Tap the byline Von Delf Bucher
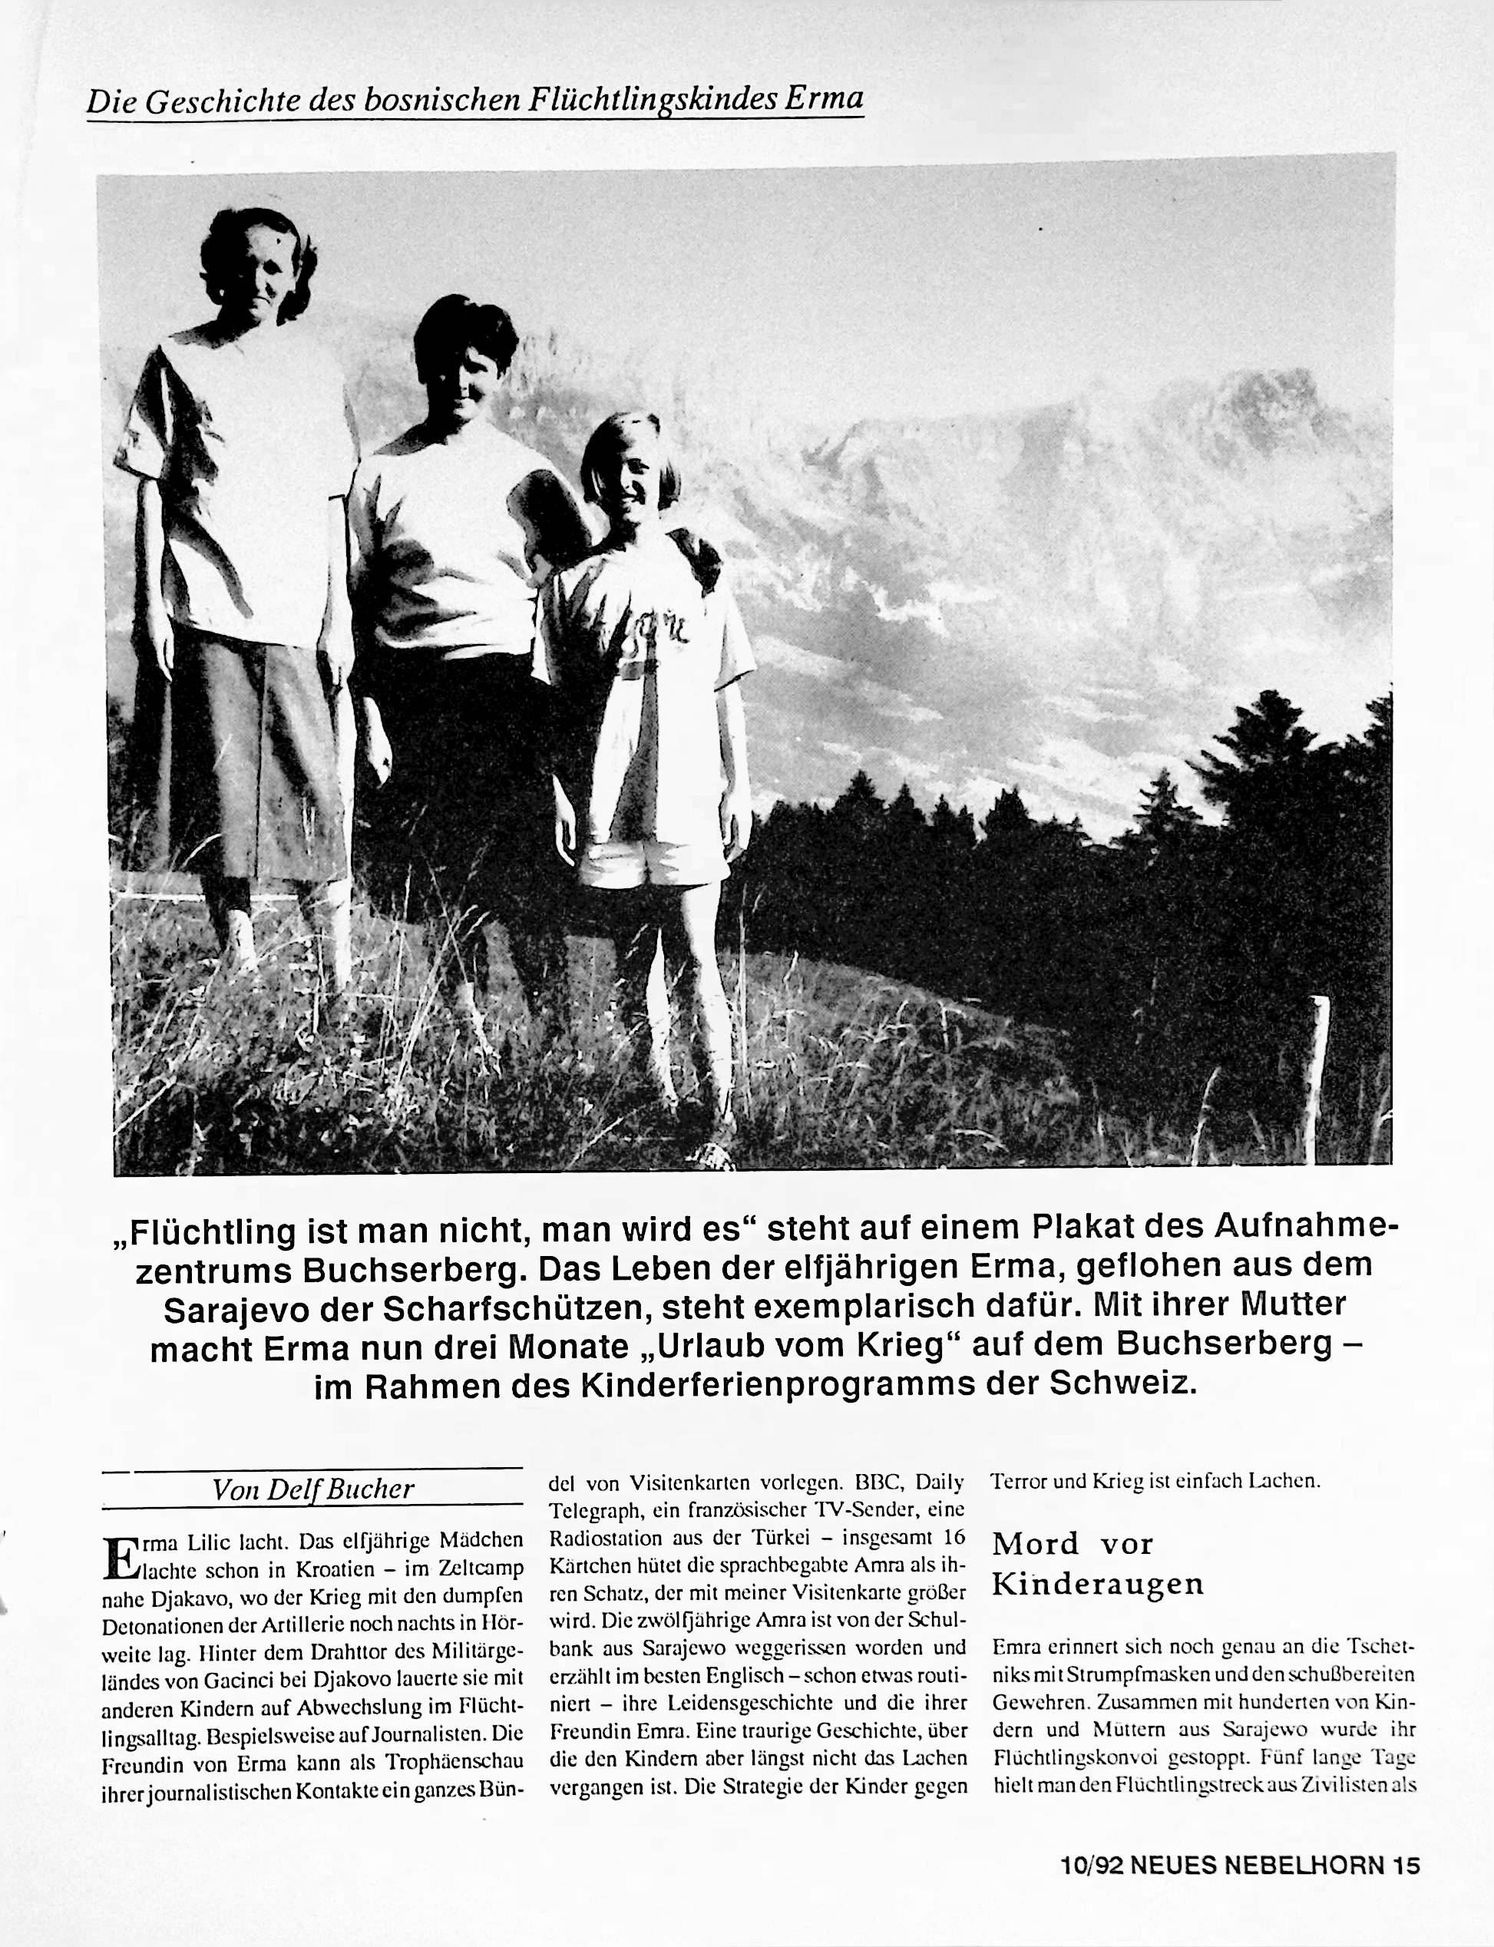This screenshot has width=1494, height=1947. [x=313, y=1489]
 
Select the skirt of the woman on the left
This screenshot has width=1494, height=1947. [x=240, y=765]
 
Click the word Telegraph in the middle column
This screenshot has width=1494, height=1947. [x=589, y=1509]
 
